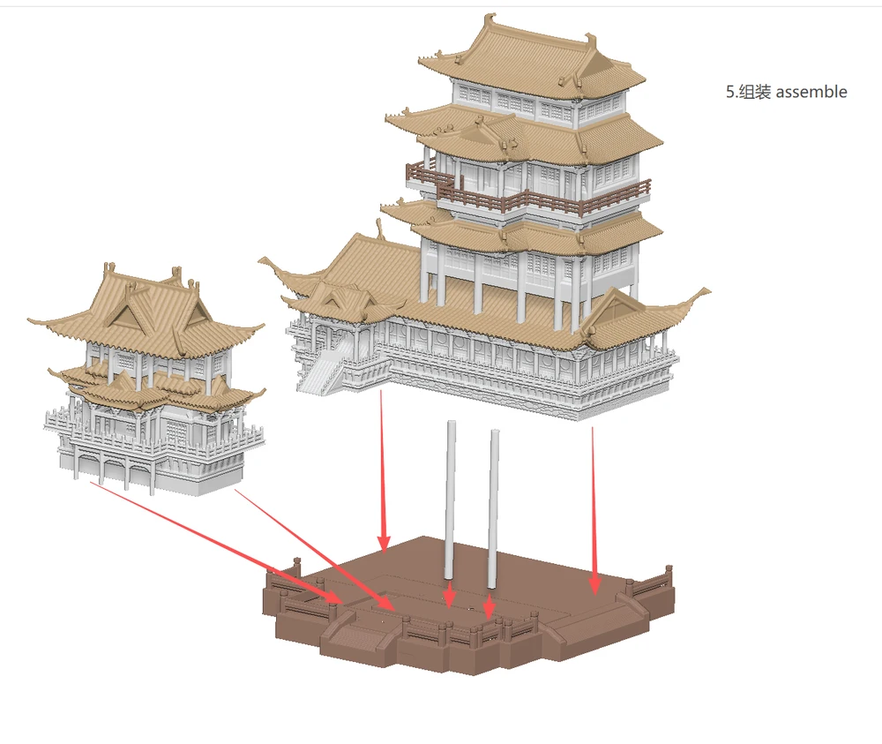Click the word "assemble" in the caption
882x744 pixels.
click(811, 92)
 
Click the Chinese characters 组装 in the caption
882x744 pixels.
click(754, 92)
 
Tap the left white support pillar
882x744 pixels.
click(451, 500)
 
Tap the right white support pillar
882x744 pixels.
click(494, 509)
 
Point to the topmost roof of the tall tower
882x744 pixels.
click(532, 62)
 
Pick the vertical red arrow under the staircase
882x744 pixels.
click(384, 470)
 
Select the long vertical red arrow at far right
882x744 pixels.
click(593, 510)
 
